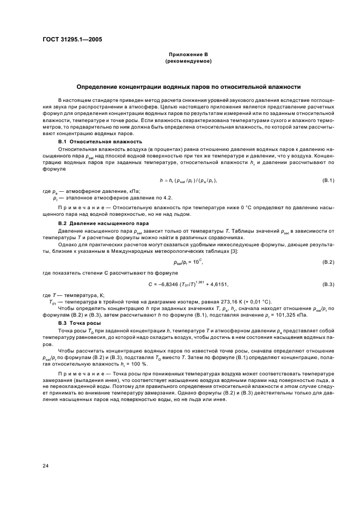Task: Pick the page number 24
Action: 46,465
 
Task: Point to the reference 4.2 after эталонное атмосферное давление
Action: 168,197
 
